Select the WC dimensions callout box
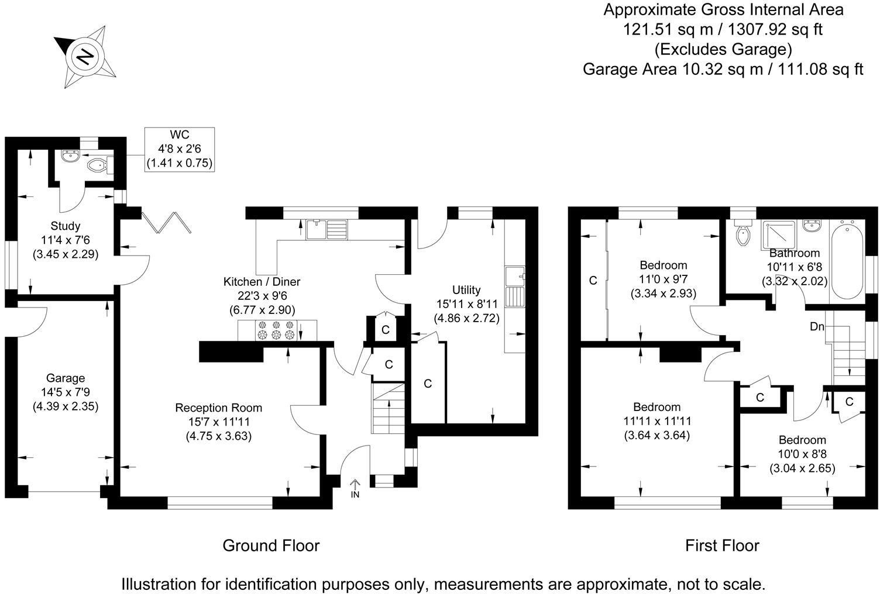coord(180,150)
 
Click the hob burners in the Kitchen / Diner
coord(274,330)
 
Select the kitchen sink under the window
coord(326,229)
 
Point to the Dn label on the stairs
coord(817,327)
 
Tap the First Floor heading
coord(722,545)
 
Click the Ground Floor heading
coord(271,545)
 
